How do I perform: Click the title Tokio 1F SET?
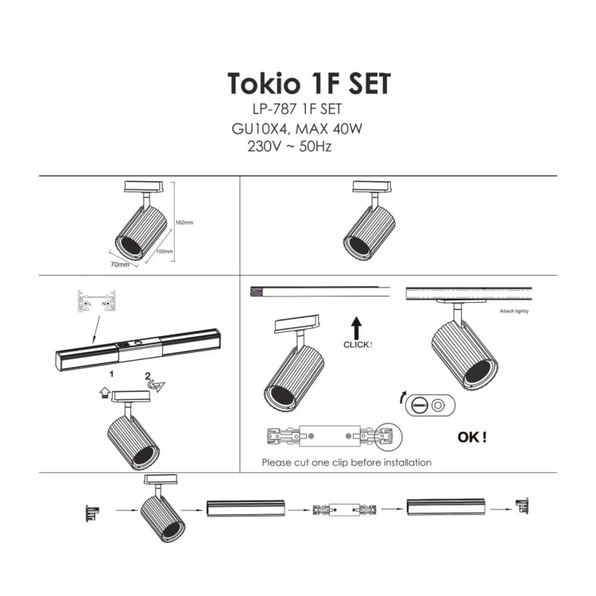tap(308, 83)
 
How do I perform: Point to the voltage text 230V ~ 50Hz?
tap(289, 146)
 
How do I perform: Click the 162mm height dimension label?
tap(184, 223)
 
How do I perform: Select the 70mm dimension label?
tap(120, 264)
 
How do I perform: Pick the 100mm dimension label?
tap(164, 251)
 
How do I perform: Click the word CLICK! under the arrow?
tap(358, 345)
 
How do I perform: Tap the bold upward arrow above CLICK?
tap(358, 327)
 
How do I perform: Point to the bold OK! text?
tap(473, 436)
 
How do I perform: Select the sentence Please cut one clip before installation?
tap(346, 462)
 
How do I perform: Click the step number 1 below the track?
tap(113, 371)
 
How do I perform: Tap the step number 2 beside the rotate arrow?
tap(148, 375)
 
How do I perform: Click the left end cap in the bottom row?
tap(93, 511)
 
